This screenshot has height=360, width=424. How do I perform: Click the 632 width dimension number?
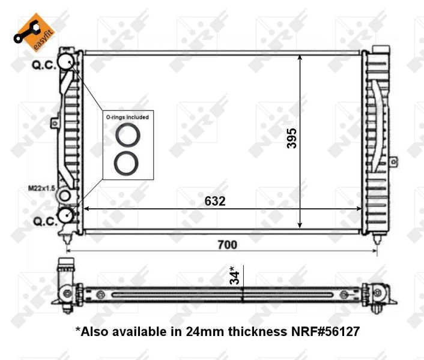(x=215, y=201)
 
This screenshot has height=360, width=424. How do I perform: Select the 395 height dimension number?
(x=292, y=139)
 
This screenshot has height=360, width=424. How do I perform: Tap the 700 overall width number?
(x=228, y=245)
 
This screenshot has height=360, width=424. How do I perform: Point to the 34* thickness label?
(x=234, y=275)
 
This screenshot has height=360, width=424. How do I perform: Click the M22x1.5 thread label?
(x=41, y=188)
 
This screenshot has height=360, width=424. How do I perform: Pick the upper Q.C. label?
(x=44, y=65)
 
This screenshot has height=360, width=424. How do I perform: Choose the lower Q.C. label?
(x=46, y=221)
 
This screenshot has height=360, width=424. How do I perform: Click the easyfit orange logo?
(x=34, y=32)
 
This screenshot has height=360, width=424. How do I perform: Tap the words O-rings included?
(x=127, y=117)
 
